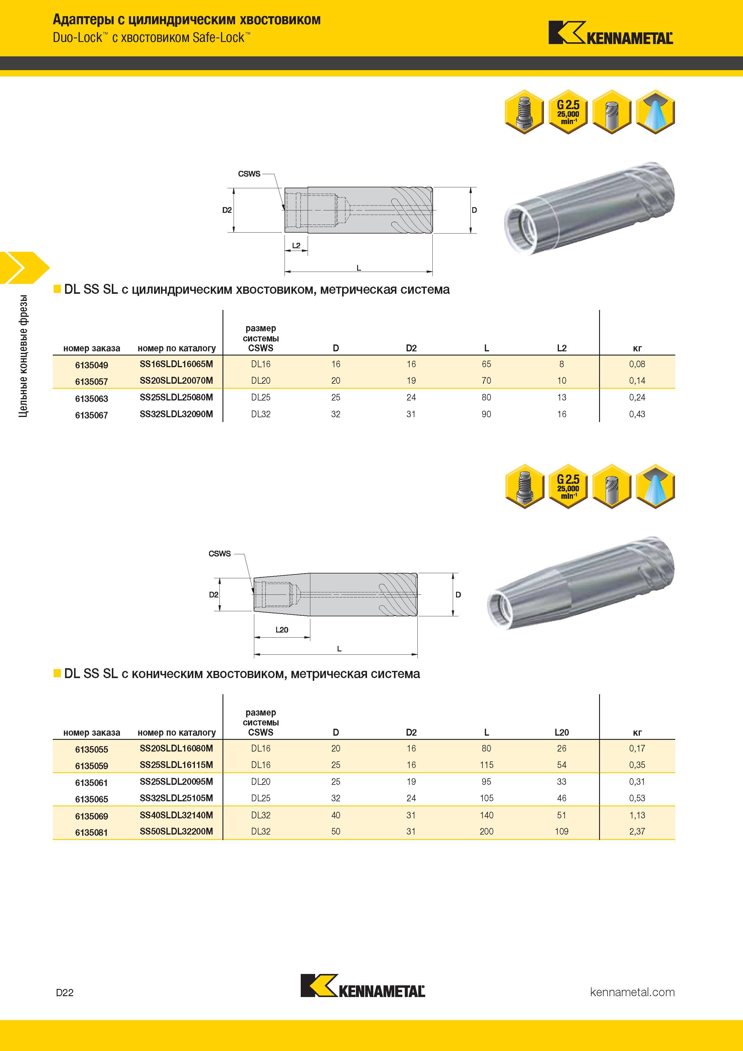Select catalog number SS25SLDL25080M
coord(176,397)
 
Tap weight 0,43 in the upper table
coord(637,414)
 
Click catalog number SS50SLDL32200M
coord(176,831)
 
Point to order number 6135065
coord(91,799)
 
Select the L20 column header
coord(562,732)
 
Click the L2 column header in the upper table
coord(562,348)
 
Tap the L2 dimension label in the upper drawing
coord(296,246)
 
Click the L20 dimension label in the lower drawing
coord(282,630)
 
